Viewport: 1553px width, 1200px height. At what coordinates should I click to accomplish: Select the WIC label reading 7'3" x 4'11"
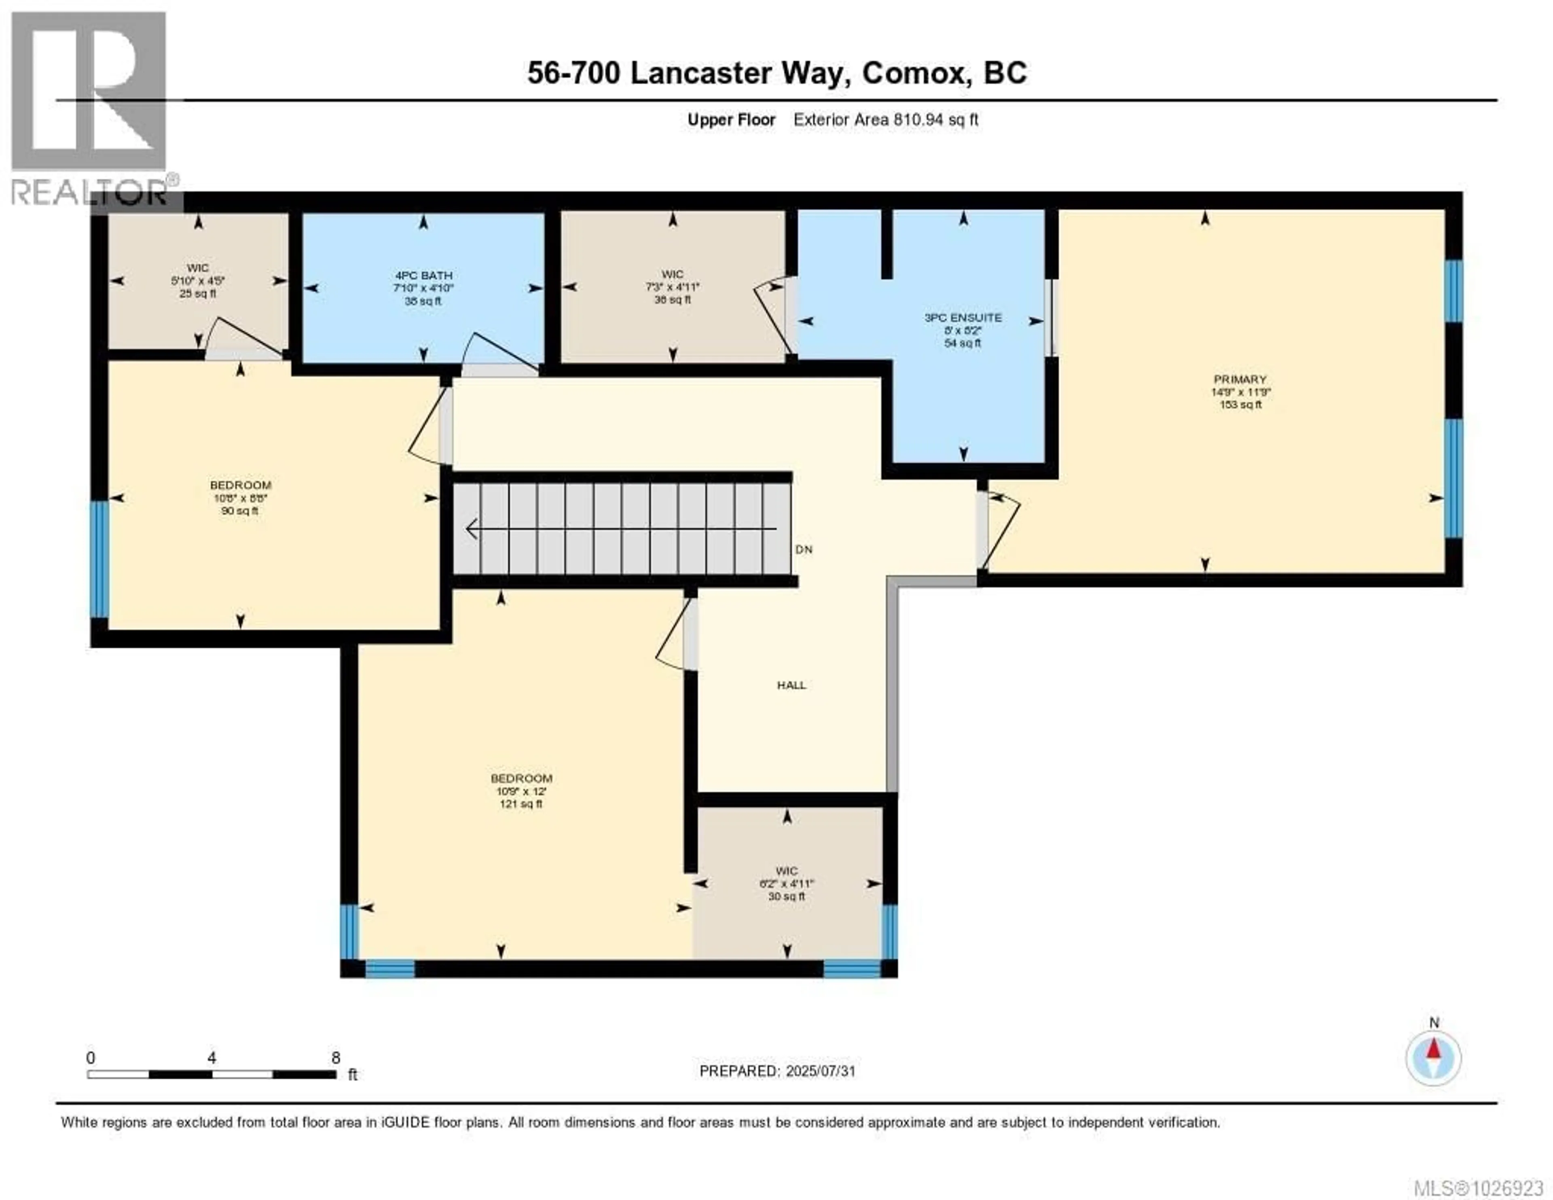672,287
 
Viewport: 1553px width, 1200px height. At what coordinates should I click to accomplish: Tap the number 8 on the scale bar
336,1058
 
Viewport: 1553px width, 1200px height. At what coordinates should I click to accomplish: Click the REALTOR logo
89,107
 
